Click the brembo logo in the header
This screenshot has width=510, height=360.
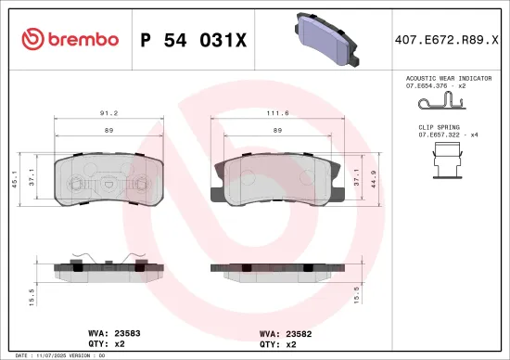(70, 39)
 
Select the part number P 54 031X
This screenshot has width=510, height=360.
(193, 39)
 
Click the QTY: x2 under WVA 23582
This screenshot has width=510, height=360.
(275, 342)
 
